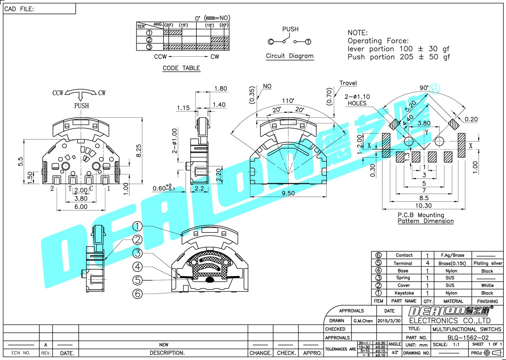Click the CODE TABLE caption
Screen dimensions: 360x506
[x=181, y=68]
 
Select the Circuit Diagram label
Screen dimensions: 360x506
[x=290, y=56]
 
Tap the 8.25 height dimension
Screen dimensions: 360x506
[x=139, y=151]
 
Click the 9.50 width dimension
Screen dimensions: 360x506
[x=288, y=193]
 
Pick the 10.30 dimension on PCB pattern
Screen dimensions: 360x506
[x=424, y=205]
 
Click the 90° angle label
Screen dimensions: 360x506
[x=424, y=88]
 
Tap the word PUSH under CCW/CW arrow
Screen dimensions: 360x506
[x=81, y=106]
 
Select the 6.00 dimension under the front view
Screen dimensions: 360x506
[x=81, y=207]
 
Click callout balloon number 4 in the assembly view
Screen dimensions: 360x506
[x=138, y=267]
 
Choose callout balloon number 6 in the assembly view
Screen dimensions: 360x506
[x=138, y=294]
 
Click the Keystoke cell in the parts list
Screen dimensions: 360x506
[x=404, y=293]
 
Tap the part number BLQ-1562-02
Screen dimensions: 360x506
[x=468, y=337]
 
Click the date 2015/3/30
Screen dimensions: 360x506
[x=389, y=321]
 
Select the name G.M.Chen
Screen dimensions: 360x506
[x=363, y=321]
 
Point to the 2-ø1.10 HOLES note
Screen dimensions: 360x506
[x=357, y=100]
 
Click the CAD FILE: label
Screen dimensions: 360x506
[x=19, y=9]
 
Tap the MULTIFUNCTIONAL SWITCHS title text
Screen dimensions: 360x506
[x=467, y=329]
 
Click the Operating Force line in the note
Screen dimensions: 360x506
[x=378, y=41]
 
